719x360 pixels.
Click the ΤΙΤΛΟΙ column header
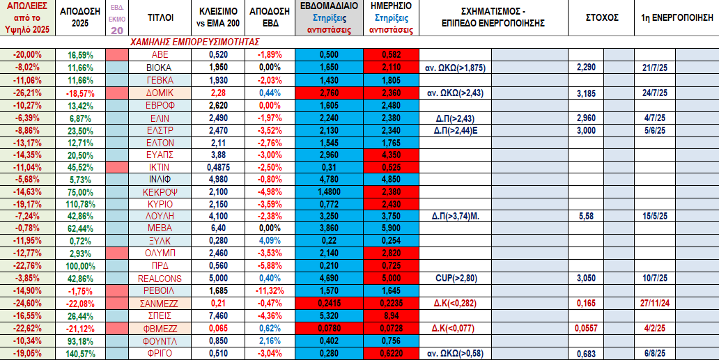161,17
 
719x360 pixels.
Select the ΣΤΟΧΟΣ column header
603,17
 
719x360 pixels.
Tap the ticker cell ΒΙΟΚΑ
161,67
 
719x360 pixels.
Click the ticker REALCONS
161,277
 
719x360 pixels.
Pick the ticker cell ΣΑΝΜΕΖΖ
161,303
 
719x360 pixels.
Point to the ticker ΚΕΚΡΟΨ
161,190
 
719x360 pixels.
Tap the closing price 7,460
217,316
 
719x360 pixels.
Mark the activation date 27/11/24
657,303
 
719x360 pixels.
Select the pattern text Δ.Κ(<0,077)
459,329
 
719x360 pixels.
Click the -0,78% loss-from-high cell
28,228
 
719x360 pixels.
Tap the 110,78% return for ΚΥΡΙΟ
82,203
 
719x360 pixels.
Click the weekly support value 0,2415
330,303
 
